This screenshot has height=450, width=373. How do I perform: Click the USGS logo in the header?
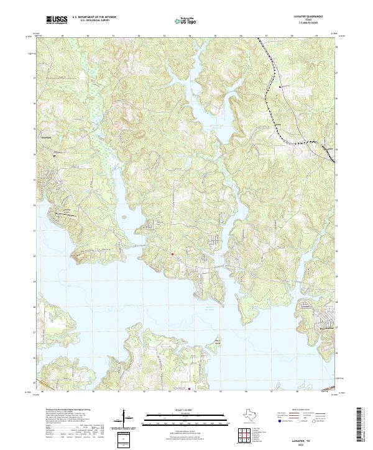tap(57, 20)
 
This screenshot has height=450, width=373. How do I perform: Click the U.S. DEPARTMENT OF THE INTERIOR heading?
tap(93, 18)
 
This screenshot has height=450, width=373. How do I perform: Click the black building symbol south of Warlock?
tap(53, 156)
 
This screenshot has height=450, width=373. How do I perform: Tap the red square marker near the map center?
tap(172, 253)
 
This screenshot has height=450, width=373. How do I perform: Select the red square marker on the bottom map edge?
tap(187, 389)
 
